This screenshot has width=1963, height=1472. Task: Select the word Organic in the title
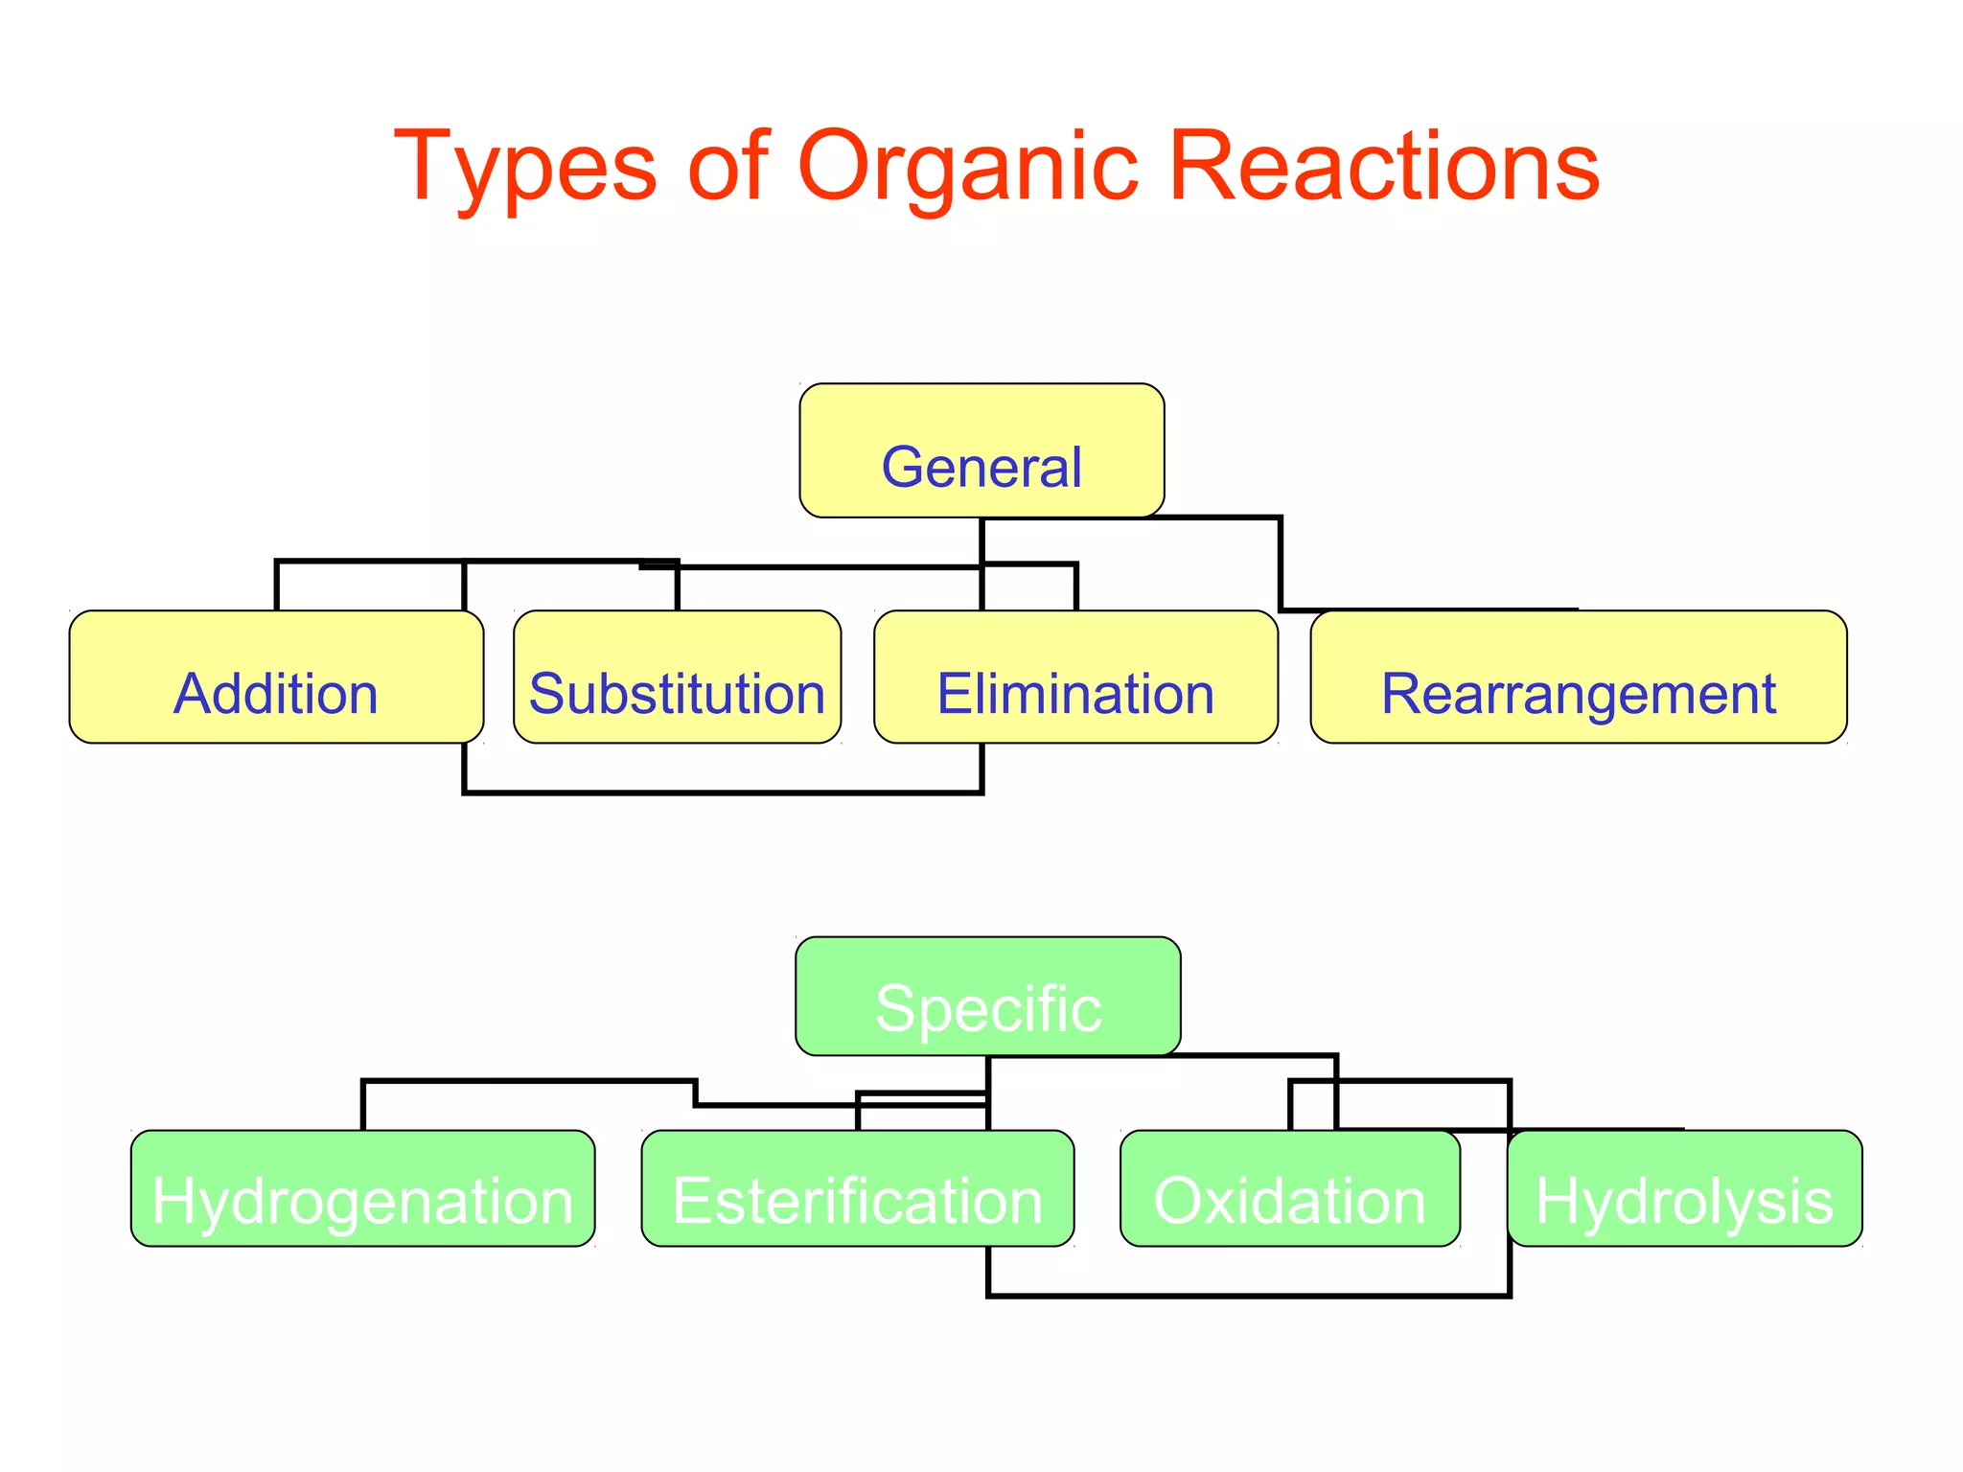tap(968, 167)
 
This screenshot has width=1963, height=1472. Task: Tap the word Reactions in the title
tap(1384, 167)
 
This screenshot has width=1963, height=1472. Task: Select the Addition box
tap(276, 677)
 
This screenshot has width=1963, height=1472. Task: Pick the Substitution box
tap(677, 677)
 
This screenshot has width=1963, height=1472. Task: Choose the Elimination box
tap(1075, 677)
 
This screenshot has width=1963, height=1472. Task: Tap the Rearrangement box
tap(1578, 677)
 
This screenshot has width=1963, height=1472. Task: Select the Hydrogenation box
tap(362, 1188)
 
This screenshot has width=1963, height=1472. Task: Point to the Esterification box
tap(857, 1188)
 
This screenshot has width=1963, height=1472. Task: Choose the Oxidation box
tap(1289, 1188)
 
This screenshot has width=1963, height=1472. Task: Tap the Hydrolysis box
tap(1684, 1188)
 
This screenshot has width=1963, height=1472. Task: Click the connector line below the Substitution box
tap(677, 793)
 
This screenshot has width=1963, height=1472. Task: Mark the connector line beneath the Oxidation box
tap(1289, 1296)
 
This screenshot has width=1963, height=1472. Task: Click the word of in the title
tap(728, 167)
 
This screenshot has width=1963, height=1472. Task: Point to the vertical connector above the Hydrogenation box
tap(363, 1106)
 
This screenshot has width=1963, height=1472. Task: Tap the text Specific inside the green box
tap(987, 1008)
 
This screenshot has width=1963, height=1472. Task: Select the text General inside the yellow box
tap(981, 468)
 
